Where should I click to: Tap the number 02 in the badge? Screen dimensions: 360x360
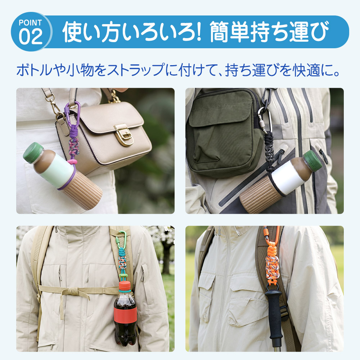31,36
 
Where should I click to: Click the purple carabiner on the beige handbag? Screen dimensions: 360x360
72,114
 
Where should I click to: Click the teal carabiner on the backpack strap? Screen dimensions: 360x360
122,240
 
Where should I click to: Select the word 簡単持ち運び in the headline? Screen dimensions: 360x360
269,32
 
